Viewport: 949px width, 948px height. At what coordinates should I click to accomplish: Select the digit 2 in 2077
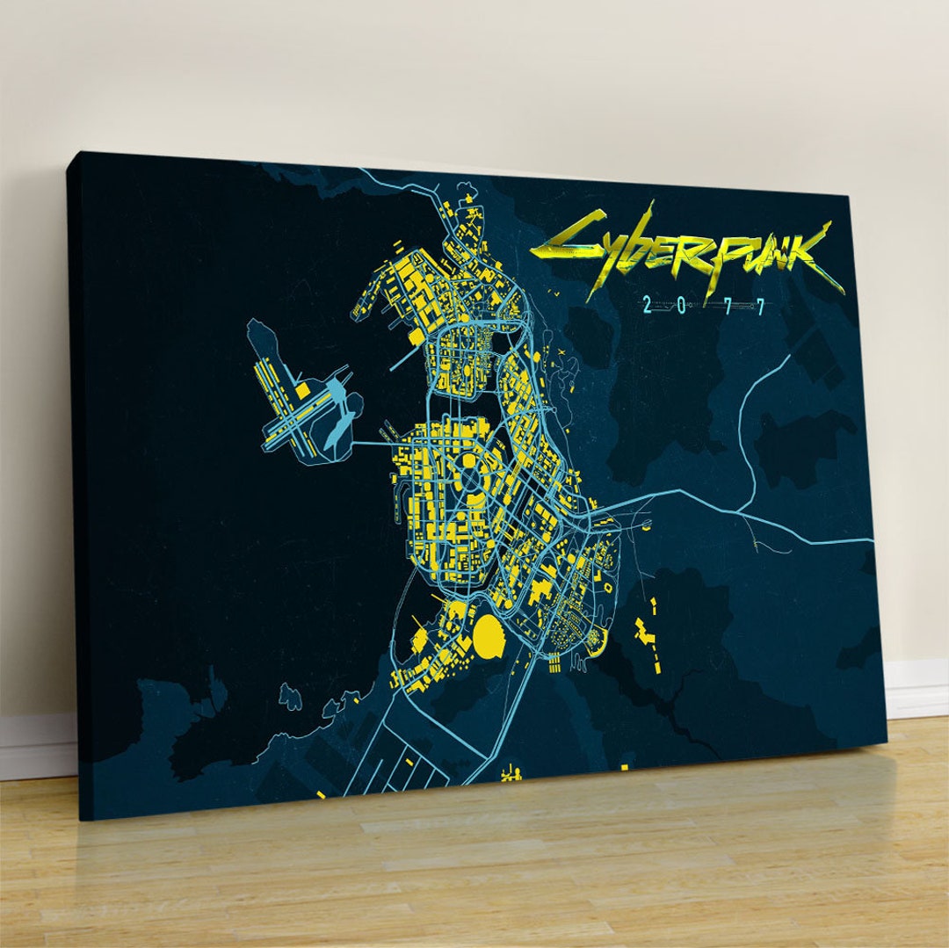click(x=648, y=305)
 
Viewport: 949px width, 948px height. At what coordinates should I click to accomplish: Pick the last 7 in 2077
click(x=761, y=306)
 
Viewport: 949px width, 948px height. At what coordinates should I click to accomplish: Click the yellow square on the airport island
click(x=302, y=387)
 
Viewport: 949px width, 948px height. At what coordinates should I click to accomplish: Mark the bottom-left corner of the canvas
click(x=82, y=819)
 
